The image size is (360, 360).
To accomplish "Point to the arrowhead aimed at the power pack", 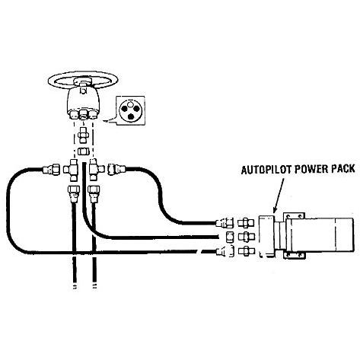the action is click(x=275, y=210).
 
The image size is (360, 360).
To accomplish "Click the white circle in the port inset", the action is click(x=130, y=104).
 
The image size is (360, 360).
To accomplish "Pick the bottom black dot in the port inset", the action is click(x=131, y=116).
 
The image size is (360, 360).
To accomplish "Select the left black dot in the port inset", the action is click(x=124, y=109).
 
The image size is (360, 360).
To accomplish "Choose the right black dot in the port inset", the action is click(x=136, y=109).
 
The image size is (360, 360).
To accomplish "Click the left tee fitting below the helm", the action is click(x=72, y=170).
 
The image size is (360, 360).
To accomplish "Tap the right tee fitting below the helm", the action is click(x=95, y=169).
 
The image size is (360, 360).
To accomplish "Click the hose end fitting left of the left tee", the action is click(x=51, y=169).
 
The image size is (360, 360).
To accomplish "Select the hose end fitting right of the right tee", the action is click(x=116, y=169).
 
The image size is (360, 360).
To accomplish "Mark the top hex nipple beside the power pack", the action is click(x=246, y=223).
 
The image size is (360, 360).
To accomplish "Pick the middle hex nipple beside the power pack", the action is click(x=246, y=237).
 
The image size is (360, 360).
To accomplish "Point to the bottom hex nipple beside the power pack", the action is click(x=246, y=250).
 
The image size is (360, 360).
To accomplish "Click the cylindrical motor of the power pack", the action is click(x=320, y=234).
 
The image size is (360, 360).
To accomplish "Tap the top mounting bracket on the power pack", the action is click(x=294, y=216).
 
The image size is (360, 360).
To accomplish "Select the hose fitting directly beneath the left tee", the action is click(x=74, y=193).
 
